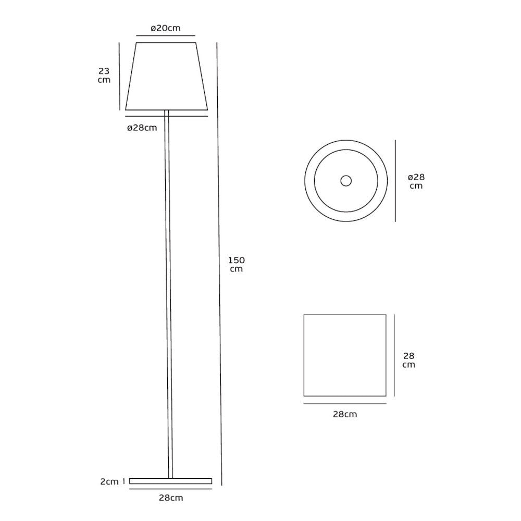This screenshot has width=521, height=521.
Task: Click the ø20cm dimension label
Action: click(166, 28)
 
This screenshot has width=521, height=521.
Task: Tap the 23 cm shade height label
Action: click(104, 76)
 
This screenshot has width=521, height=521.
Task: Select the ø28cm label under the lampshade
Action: click(142, 128)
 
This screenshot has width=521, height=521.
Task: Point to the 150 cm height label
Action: click(237, 265)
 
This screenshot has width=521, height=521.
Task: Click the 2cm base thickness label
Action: click(109, 481)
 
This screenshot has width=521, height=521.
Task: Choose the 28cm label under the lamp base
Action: click(171, 498)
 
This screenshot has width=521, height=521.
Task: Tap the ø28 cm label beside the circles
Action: click(416, 181)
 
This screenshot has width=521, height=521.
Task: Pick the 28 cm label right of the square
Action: click(408, 360)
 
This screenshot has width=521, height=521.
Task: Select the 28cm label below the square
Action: click(345, 414)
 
